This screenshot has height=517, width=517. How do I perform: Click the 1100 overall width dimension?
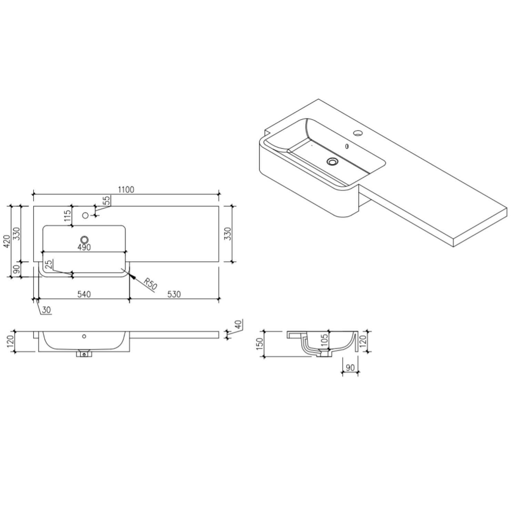[126, 190]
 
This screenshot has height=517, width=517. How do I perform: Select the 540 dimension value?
[84, 294]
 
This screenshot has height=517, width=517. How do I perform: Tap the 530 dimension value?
[174, 294]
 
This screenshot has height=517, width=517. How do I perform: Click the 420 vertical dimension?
[6, 242]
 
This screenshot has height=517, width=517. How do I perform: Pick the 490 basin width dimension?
[84, 247]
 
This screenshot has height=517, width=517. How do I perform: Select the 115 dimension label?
[68, 216]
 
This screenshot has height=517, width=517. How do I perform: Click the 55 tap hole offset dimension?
[107, 201]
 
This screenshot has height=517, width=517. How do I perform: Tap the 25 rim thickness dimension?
[49, 264]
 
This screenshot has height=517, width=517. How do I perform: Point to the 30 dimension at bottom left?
[46, 310]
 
